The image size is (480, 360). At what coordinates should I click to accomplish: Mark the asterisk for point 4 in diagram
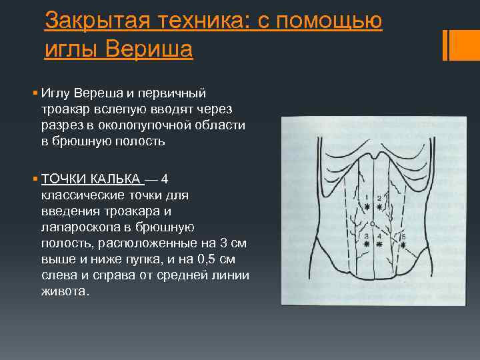(380, 245)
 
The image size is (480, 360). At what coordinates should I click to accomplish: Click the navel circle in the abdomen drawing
(373, 225)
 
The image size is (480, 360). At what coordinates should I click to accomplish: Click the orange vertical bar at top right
(445, 45)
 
